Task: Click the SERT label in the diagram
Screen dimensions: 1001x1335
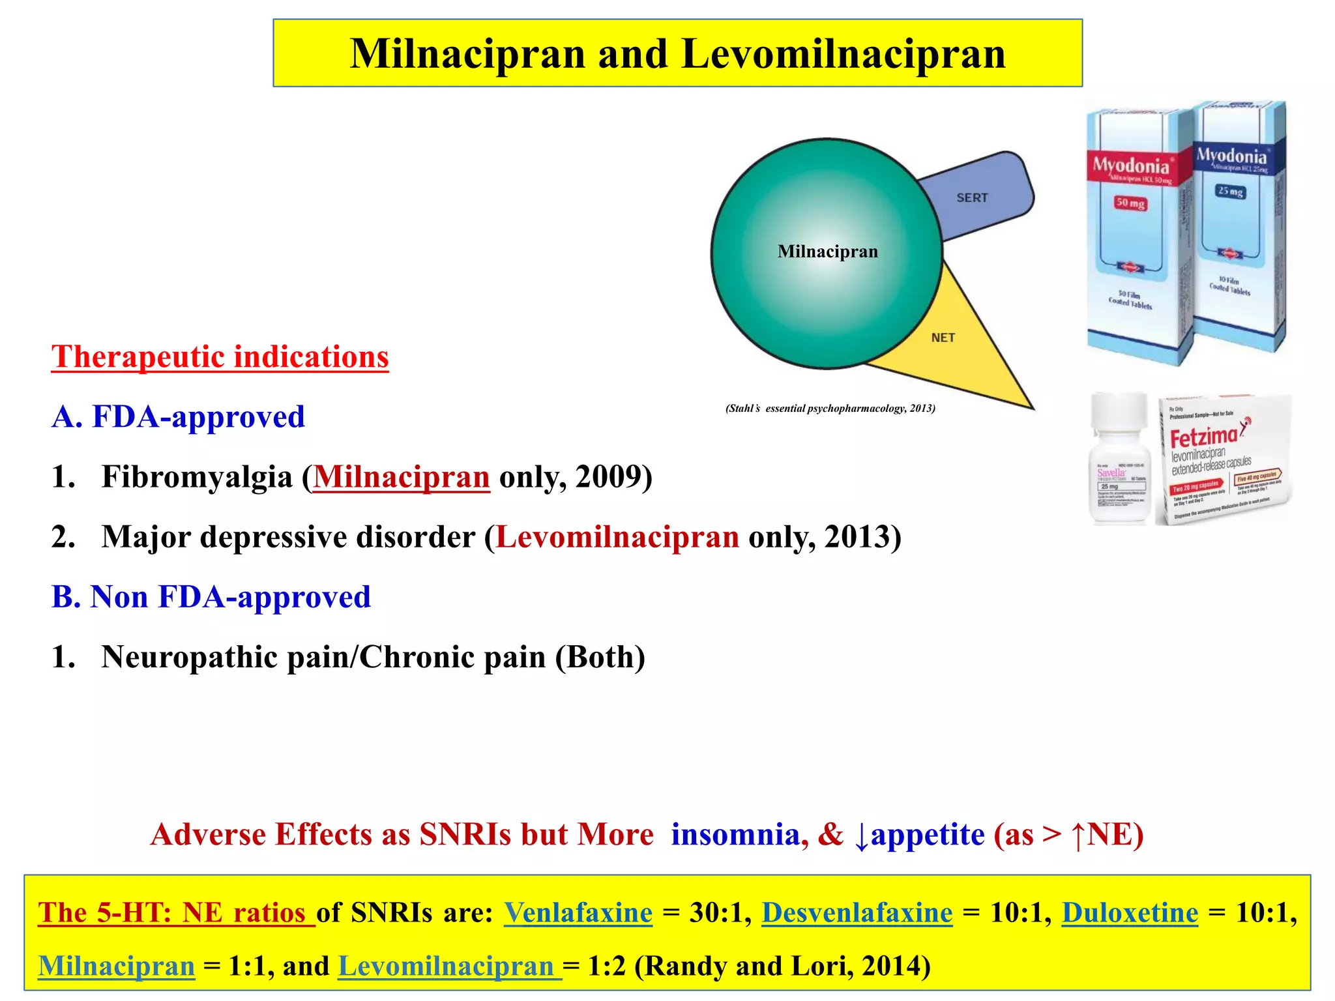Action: pos(972,197)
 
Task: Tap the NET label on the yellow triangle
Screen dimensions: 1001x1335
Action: pos(943,338)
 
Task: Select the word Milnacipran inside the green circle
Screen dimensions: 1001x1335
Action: pos(827,252)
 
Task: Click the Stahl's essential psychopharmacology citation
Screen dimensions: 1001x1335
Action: pos(830,409)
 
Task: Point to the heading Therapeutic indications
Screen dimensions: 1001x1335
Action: pos(220,357)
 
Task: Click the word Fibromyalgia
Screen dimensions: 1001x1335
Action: pos(197,477)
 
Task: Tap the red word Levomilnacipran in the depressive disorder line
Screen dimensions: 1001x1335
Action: pos(617,538)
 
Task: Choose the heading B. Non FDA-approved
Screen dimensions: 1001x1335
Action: pos(211,597)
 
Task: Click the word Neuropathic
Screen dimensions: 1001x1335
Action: pos(190,657)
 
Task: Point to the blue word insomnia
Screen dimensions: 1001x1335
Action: pos(735,835)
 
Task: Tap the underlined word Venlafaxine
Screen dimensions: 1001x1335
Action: pos(578,913)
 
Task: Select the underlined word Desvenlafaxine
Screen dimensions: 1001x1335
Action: pos(857,913)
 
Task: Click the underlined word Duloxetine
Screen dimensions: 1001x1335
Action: pos(1130,913)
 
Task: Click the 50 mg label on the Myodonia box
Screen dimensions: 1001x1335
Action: pos(1130,203)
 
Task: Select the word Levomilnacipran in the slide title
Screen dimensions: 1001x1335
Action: pos(843,53)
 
